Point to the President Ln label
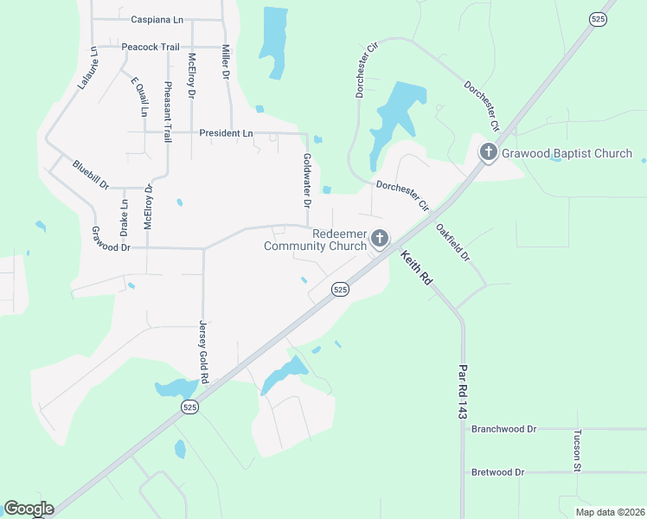click(x=226, y=133)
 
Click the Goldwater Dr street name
click(x=306, y=181)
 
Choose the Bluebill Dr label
click(x=91, y=175)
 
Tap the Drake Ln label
click(x=124, y=218)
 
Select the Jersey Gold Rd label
click(x=204, y=351)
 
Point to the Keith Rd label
click(x=415, y=268)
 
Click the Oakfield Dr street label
click(x=452, y=243)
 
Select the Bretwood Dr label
click(x=497, y=472)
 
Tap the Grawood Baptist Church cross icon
click(x=488, y=153)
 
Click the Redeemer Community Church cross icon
click(x=379, y=238)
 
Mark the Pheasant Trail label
click(x=168, y=105)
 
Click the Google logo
click(x=29, y=509)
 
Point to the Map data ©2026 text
click(x=609, y=512)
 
